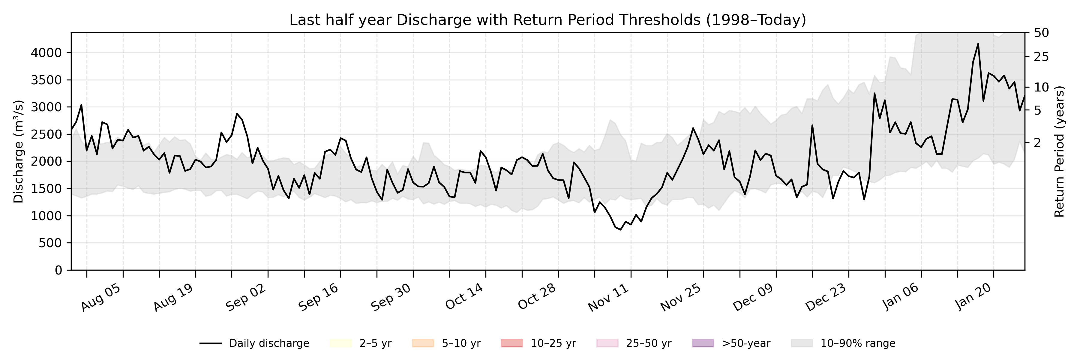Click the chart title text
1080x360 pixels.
click(x=547, y=20)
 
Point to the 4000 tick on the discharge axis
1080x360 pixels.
click(x=46, y=53)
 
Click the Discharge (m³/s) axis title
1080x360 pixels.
click(x=18, y=151)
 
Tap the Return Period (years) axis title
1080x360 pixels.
click(x=1060, y=151)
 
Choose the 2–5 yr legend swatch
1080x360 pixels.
click(x=340, y=343)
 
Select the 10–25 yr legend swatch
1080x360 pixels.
click(x=512, y=343)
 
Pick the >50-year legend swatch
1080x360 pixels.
click(x=703, y=343)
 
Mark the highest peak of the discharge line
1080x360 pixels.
click(x=978, y=43)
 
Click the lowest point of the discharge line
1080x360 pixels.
click(x=620, y=230)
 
